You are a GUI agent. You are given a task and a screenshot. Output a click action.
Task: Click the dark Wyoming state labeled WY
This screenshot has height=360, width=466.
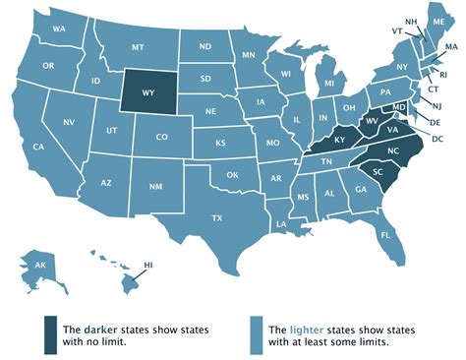tap(148, 94)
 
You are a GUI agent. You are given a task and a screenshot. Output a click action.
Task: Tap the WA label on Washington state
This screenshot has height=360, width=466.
tap(58, 30)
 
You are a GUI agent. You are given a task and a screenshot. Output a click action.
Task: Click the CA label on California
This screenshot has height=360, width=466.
tap(39, 148)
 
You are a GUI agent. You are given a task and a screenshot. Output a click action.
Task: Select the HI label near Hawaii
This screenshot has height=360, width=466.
tap(149, 266)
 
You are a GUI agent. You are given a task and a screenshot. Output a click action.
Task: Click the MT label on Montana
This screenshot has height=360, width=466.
tap(138, 45)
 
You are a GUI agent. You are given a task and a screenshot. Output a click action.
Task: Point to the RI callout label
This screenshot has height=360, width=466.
tap(443, 74)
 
